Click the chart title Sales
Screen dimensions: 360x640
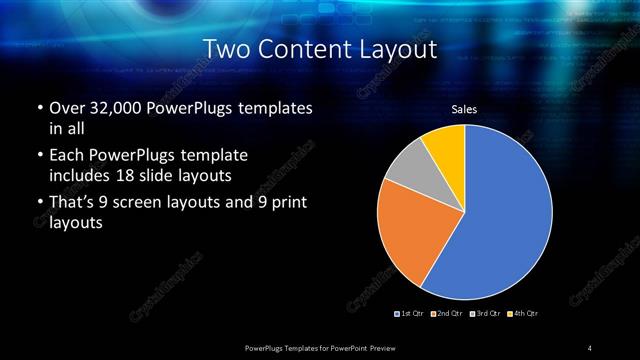(464, 109)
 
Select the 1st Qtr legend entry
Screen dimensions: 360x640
(411, 314)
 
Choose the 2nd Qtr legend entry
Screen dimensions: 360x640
(448, 314)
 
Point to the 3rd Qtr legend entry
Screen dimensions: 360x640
(485, 314)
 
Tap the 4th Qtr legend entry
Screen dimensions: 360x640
(523, 314)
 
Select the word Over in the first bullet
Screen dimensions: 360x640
(66, 107)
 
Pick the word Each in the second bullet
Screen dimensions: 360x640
(66, 156)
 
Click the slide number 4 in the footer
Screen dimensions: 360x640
(590, 347)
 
